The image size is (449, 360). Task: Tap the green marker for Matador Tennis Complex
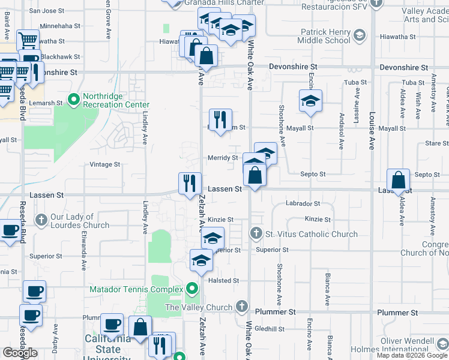pos(192,289)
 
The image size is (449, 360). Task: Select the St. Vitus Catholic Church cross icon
pos(256,233)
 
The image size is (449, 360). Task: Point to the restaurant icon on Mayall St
pos(220,121)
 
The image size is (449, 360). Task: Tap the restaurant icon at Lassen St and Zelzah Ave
pos(190,184)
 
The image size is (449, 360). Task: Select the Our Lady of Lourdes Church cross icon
pos(41,220)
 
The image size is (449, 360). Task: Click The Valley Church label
pos(199,307)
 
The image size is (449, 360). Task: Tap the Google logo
pos(20,352)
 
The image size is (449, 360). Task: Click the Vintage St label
pos(105,164)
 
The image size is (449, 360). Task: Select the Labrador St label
pos(303,203)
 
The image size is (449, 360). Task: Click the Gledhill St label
pos(269,329)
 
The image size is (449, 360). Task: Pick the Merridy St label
pos(223,158)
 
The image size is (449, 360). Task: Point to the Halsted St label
pos(223,280)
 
